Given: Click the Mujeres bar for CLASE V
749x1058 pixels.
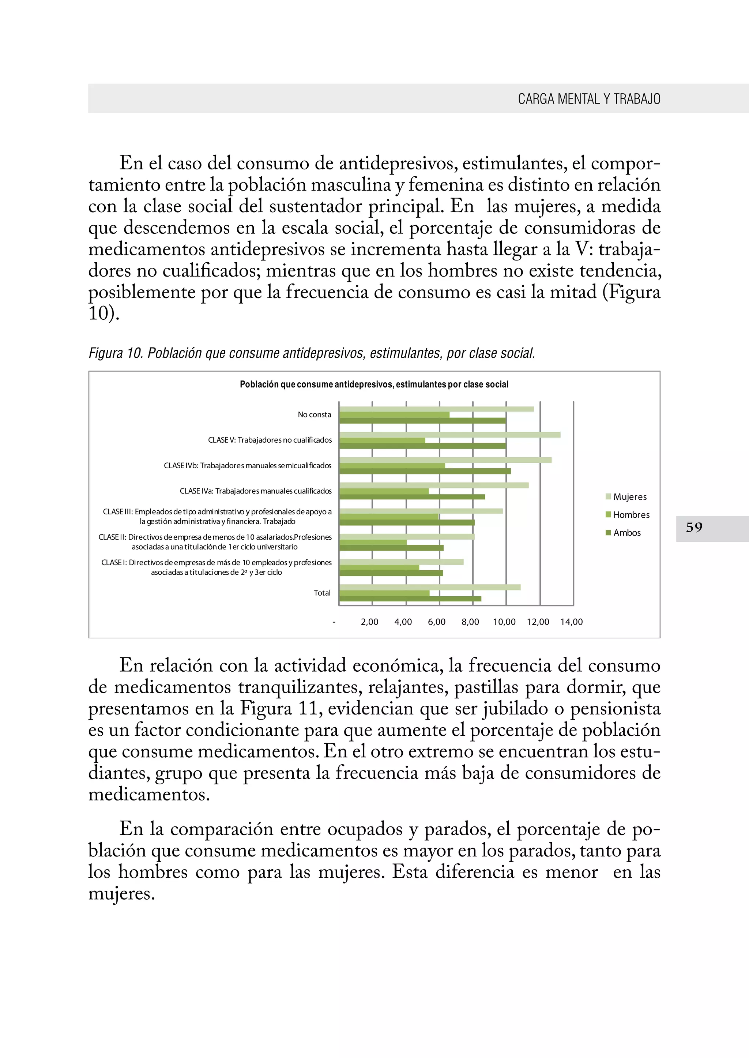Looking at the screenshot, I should (x=450, y=435).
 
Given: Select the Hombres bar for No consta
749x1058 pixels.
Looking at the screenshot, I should (x=394, y=415).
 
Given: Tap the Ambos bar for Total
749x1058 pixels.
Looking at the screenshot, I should (x=410, y=599).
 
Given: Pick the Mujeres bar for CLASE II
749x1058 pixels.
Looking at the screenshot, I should (x=407, y=537).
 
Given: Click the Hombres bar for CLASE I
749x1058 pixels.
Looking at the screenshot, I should (x=379, y=567).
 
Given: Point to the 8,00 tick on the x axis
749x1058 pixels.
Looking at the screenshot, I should (x=470, y=622).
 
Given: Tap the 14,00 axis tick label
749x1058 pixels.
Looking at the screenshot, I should (x=571, y=622).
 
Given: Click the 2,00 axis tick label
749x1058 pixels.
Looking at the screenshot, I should (x=369, y=622).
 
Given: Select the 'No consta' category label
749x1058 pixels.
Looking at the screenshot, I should (x=315, y=415).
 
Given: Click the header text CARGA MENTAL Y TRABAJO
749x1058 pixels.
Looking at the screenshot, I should (x=589, y=99).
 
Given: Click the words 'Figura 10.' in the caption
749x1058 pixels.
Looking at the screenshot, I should (x=116, y=353).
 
